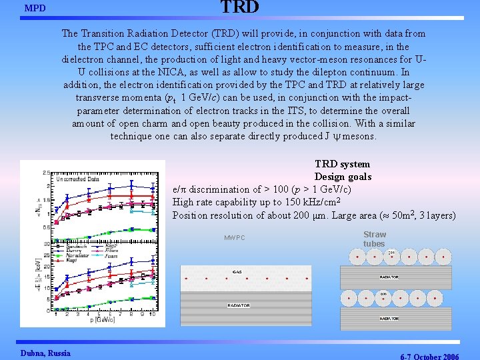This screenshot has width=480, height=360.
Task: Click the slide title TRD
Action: coord(239,7)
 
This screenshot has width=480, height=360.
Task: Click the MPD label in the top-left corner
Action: coord(35,9)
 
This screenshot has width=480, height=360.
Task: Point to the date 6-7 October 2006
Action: coord(429,356)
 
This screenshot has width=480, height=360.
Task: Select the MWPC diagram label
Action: coord(235,238)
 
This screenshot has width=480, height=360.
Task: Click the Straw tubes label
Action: coord(375,239)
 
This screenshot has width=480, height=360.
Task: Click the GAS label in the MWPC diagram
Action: coord(237,272)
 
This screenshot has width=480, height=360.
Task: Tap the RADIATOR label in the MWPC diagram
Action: coord(239,305)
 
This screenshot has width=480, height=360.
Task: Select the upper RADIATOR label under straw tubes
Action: coord(389,277)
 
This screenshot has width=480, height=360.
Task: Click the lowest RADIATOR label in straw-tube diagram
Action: coord(389,319)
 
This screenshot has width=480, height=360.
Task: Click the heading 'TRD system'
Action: coord(342,164)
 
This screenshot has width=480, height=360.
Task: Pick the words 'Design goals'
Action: coord(343,177)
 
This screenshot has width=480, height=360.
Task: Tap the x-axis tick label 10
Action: coord(153,314)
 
